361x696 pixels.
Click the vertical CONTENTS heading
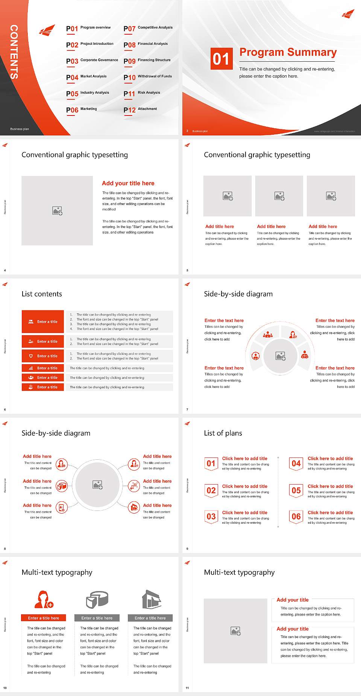point(14,52)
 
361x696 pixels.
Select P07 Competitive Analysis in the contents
point(148,28)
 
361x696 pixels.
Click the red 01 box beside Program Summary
point(221,59)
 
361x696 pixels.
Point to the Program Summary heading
point(288,52)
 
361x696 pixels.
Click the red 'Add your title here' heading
point(128,183)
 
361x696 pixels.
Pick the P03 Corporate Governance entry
point(92,61)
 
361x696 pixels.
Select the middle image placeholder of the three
point(279,196)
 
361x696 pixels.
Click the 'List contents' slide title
point(42,294)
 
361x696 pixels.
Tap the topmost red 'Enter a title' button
point(43,322)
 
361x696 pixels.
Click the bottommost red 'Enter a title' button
point(43,387)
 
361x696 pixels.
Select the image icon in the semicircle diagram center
point(281,356)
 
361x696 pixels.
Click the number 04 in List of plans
point(296,463)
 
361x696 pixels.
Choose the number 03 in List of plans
point(211,517)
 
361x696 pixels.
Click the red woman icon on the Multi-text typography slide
point(44,599)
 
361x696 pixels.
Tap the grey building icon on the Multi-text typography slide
point(152,599)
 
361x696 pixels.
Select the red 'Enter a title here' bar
point(44,618)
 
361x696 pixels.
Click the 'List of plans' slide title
point(223,433)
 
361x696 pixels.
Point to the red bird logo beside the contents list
point(47,30)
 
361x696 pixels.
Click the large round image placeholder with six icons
point(98,485)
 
